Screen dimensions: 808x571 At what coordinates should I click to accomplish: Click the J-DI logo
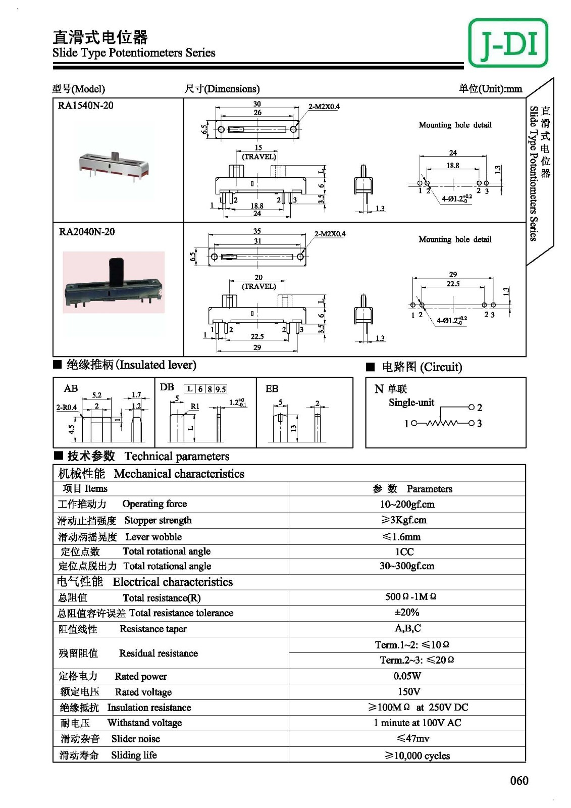click(x=508, y=43)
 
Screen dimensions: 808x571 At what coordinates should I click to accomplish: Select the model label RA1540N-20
click(x=86, y=106)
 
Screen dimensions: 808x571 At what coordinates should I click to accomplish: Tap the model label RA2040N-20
click(x=87, y=232)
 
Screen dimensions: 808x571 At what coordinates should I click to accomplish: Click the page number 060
click(x=519, y=780)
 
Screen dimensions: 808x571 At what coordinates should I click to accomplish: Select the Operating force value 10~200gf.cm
click(x=407, y=504)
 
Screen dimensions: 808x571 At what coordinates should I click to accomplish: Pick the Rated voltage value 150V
click(x=408, y=691)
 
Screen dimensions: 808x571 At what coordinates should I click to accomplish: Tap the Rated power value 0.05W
click(x=407, y=676)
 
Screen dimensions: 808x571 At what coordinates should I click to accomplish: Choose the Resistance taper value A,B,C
click(x=407, y=628)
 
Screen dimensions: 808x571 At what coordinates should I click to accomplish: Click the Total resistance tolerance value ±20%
click(x=406, y=612)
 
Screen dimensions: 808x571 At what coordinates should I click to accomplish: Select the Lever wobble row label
click(x=120, y=537)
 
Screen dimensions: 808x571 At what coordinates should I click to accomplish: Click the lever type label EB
click(x=272, y=388)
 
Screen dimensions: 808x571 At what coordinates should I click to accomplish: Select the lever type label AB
click(x=71, y=388)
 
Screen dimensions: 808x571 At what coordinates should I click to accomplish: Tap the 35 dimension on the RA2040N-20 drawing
click(x=257, y=231)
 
